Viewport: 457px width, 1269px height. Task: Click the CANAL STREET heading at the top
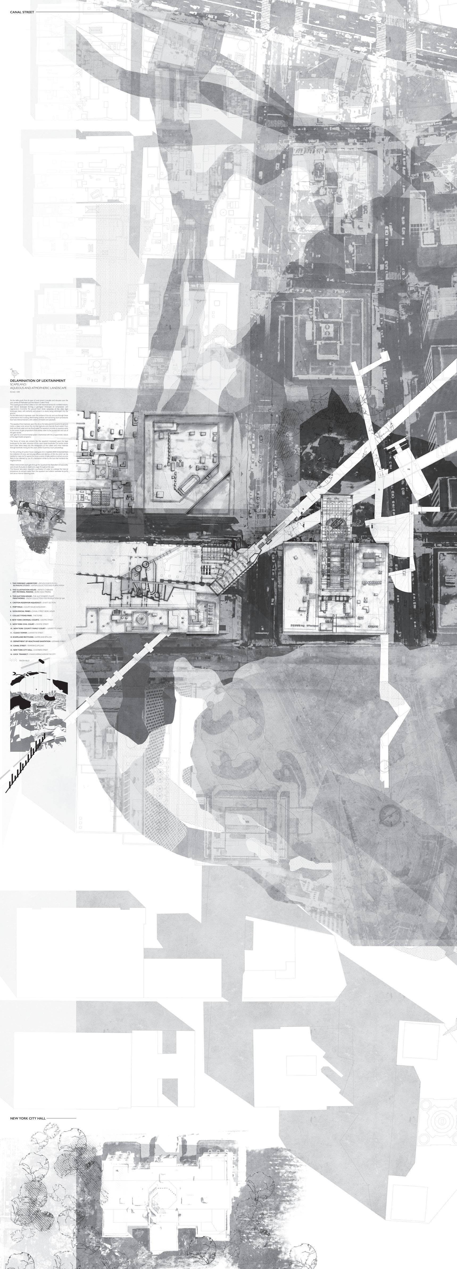tap(22, 12)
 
